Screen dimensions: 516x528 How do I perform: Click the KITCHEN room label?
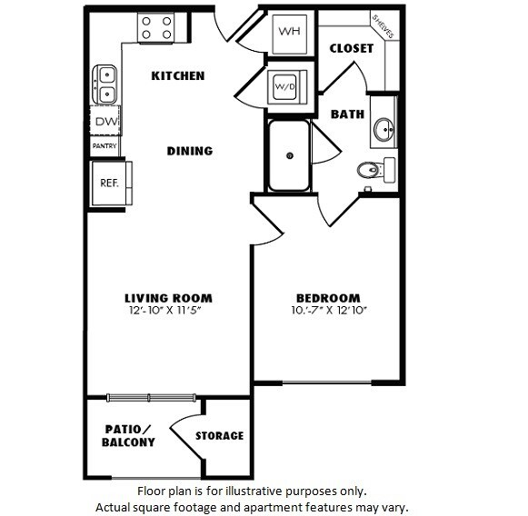(177, 75)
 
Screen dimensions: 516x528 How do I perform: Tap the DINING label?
(189, 151)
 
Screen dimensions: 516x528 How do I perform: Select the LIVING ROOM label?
(168, 297)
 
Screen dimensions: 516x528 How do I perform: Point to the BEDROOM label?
(328, 297)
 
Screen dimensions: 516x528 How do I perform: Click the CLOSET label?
(351, 48)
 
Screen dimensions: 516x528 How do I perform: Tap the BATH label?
(347, 114)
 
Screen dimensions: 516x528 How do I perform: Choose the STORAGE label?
(219, 436)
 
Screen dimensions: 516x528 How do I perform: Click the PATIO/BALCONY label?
(128, 435)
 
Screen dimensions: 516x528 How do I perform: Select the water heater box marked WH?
(289, 30)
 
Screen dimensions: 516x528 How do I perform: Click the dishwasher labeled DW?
(105, 120)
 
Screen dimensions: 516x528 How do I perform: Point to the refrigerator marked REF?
(109, 183)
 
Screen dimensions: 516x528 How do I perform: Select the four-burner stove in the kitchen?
(156, 27)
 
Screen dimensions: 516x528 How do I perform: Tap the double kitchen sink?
(105, 84)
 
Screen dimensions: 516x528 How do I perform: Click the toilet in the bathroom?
(370, 169)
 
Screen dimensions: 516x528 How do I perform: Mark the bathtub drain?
(289, 156)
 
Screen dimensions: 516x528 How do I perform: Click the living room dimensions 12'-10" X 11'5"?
(168, 310)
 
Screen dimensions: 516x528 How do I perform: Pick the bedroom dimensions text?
(328, 310)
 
